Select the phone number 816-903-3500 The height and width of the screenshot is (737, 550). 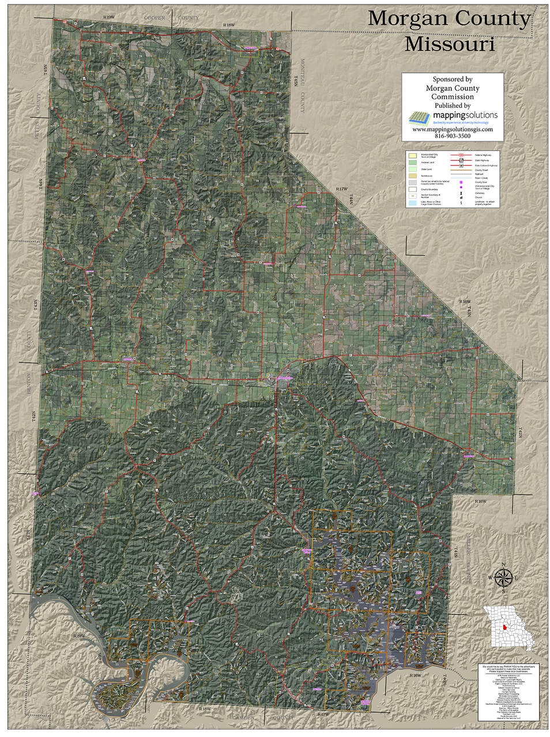pos(452,136)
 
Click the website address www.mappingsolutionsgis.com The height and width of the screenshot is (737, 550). pos(452,130)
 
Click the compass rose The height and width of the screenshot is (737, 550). pos(503,577)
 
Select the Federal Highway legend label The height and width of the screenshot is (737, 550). pos(483,155)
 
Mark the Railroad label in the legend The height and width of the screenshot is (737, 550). pos(479,173)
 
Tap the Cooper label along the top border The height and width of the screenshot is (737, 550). pos(155,18)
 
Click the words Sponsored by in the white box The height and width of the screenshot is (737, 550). pos(452,79)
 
